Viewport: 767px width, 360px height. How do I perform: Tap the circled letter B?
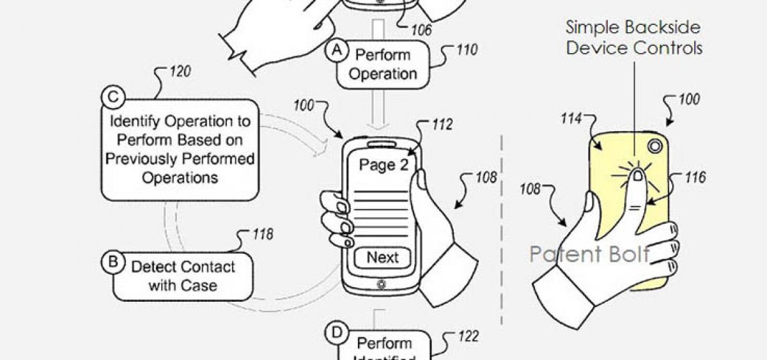click(x=113, y=262)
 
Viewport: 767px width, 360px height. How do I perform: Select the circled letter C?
click(x=112, y=98)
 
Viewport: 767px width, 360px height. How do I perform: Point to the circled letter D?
click(x=336, y=333)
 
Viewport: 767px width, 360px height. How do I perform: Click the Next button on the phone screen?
click(x=382, y=258)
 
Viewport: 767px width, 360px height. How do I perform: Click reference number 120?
click(x=180, y=72)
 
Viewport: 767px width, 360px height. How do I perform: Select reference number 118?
click(x=261, y=234)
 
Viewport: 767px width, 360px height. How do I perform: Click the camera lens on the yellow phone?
click(x=653, y=146)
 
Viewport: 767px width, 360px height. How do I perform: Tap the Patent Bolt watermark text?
click(x=589, y=254)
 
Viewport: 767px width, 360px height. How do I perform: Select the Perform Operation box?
click(x=383, y=63)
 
